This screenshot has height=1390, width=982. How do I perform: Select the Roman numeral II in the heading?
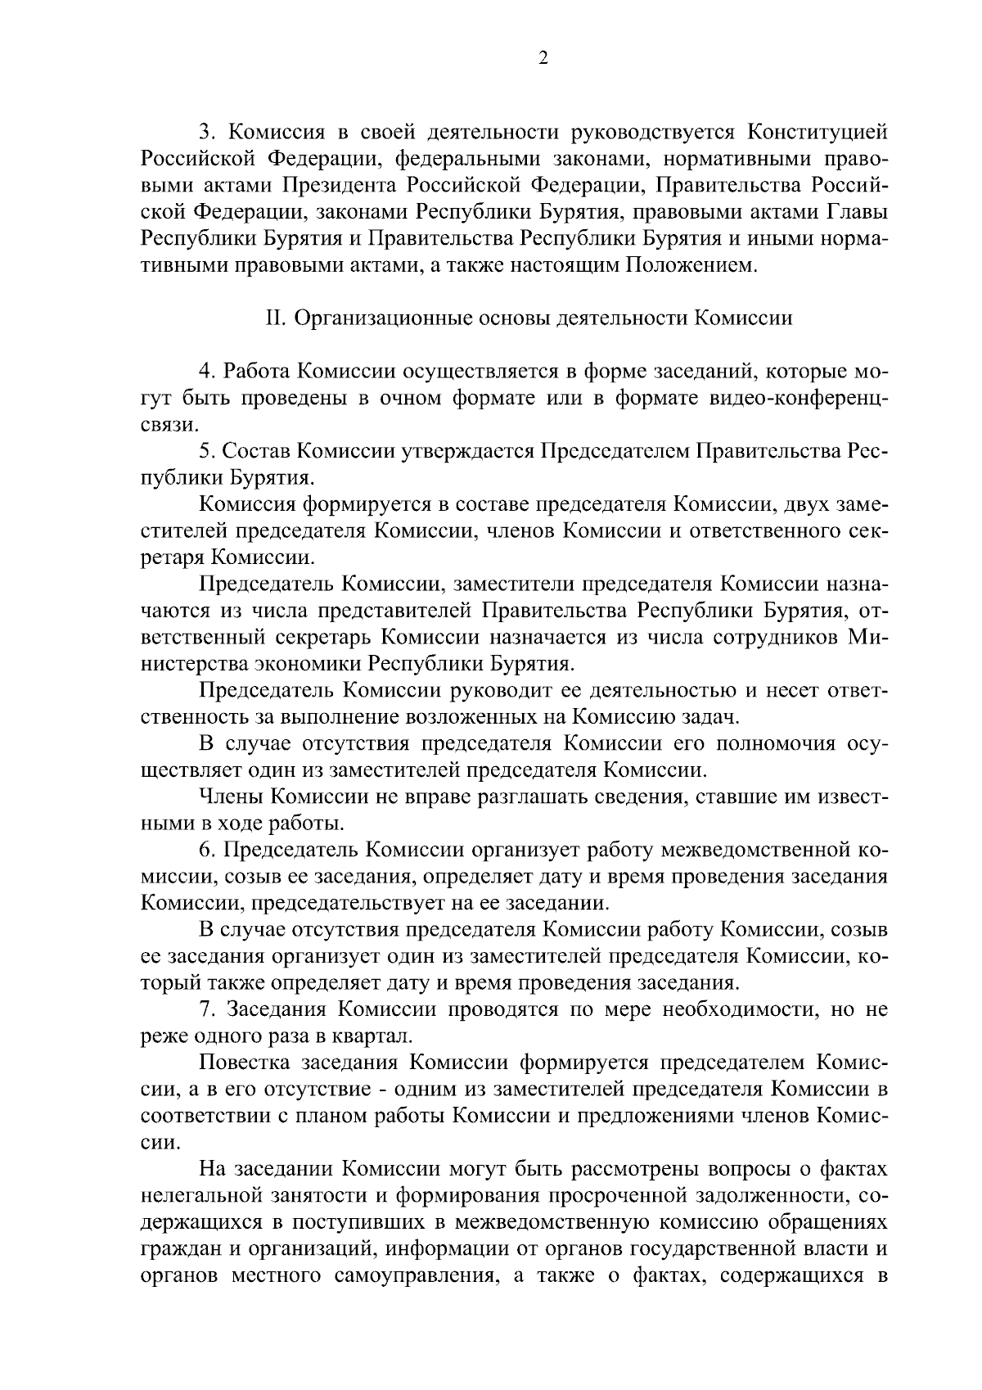[273, 318]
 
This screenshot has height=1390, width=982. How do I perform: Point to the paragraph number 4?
[206, 371]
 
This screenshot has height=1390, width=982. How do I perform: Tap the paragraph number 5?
[206, 451]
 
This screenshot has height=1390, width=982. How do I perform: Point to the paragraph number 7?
[206, 1009]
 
